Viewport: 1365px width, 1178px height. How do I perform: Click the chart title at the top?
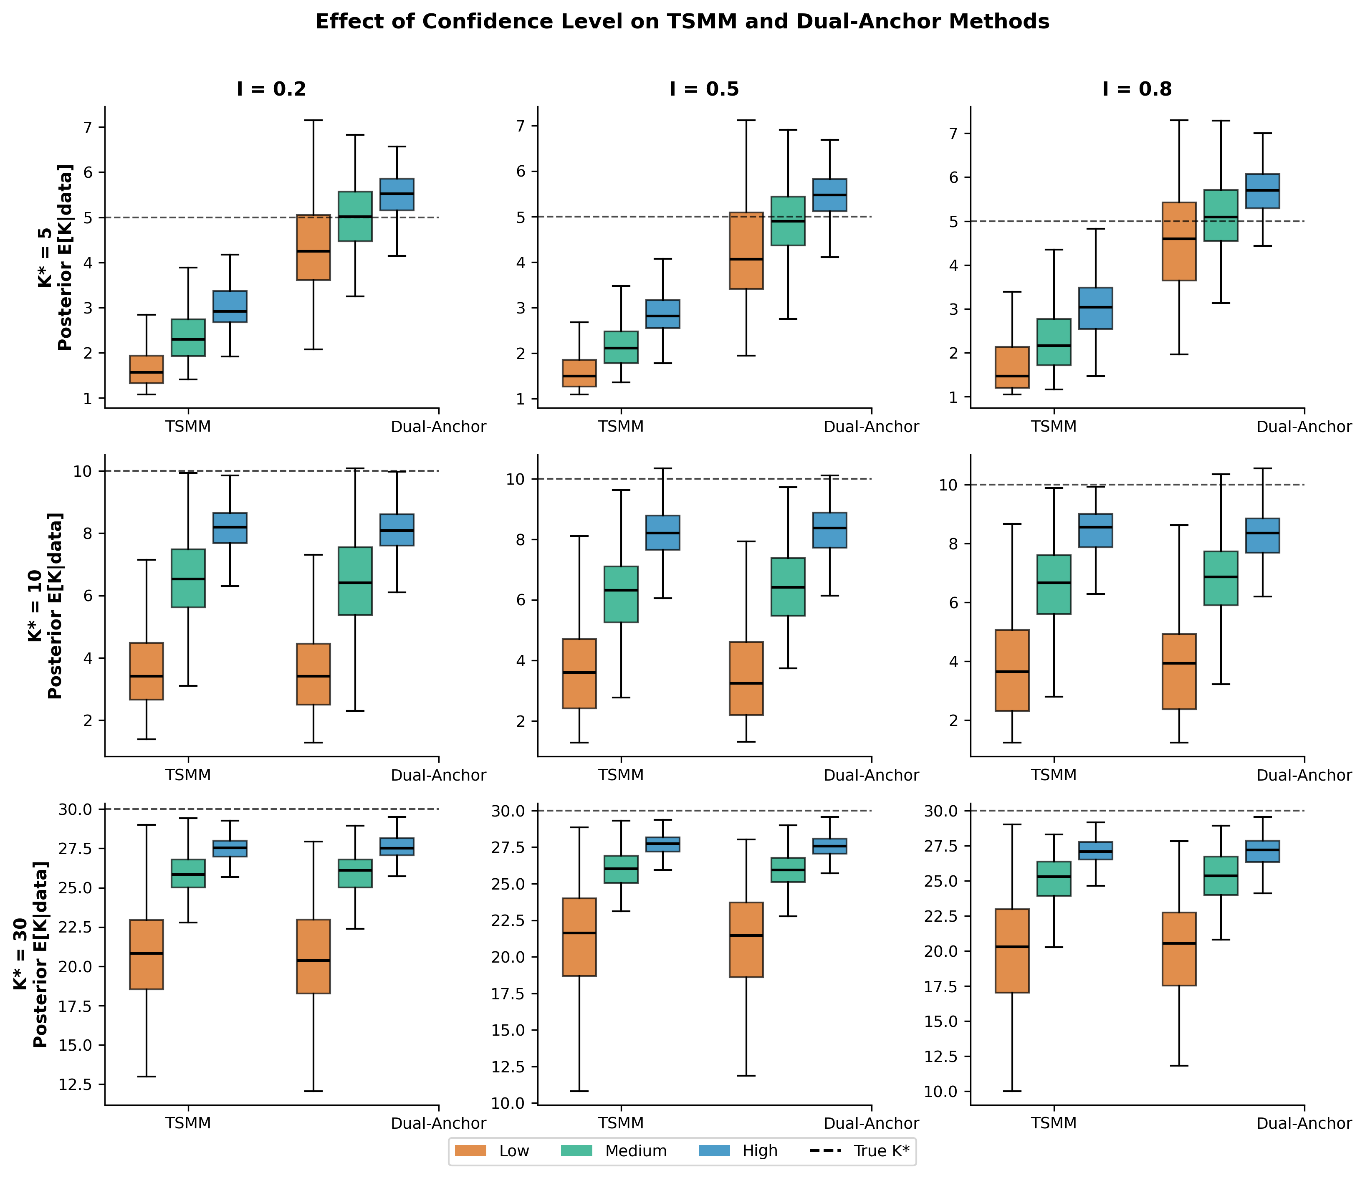point(682,22)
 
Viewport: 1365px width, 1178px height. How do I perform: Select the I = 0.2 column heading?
point(271,89)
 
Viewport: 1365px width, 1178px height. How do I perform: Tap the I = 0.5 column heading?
point(704,89)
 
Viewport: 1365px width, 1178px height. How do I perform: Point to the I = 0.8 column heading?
point(1137,89)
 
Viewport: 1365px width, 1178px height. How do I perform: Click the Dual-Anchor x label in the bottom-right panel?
point(1304,1123)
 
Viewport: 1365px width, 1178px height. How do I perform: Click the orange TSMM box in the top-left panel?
point(146,369)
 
